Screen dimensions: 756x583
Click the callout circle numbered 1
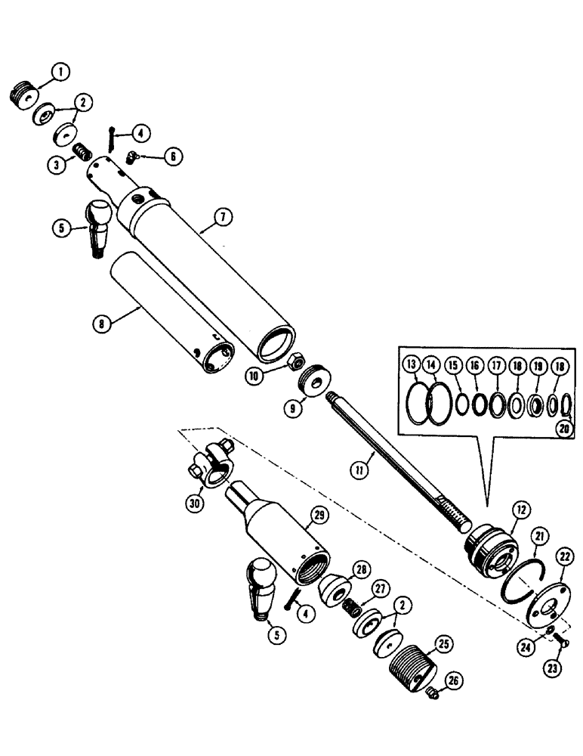pyautogui.click(x=59, y=73)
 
